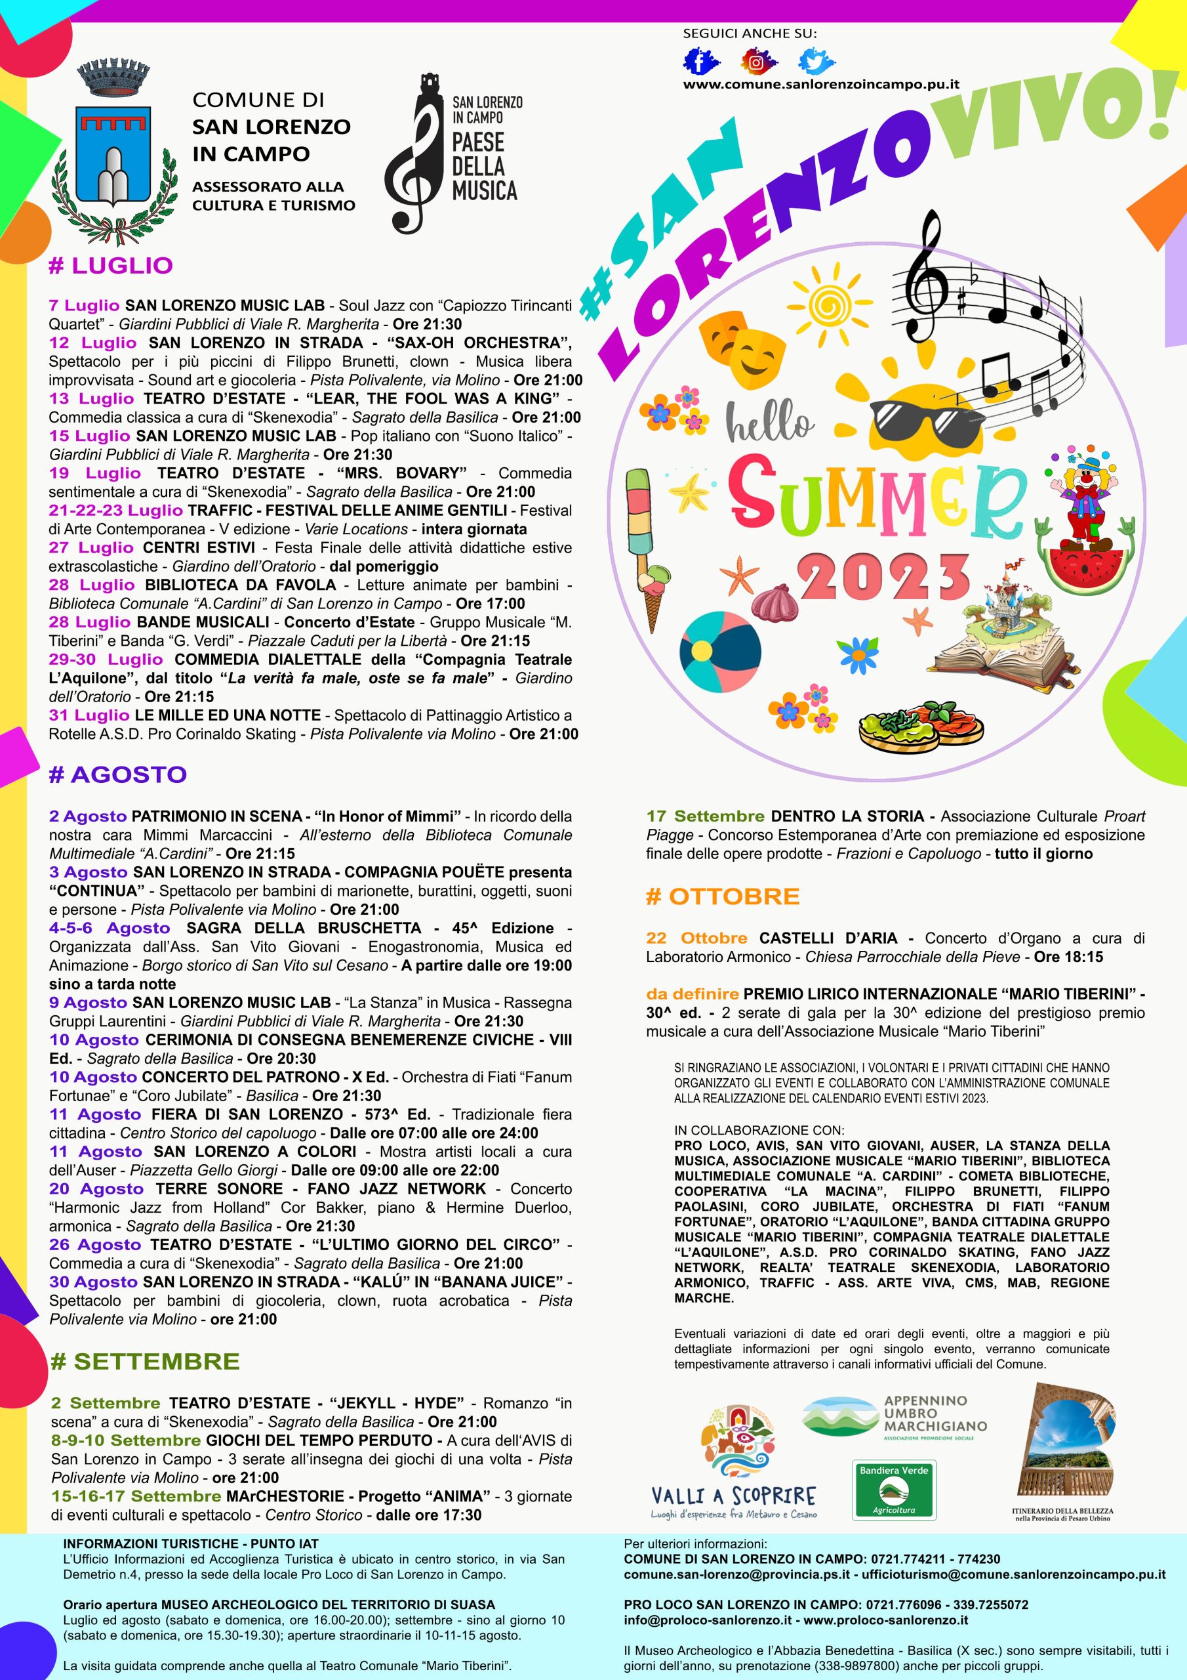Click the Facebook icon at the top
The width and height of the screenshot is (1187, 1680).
coord(700,62)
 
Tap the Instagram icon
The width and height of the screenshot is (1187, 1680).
coord(757,62)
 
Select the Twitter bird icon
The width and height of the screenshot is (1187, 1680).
coord(816,62)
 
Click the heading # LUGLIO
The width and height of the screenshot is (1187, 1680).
coord(110,266)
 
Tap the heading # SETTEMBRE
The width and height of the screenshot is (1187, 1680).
coord(145,1361)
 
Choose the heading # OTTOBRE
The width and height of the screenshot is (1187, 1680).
coord(723,896)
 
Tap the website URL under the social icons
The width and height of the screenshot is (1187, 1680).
coord(820,84)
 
